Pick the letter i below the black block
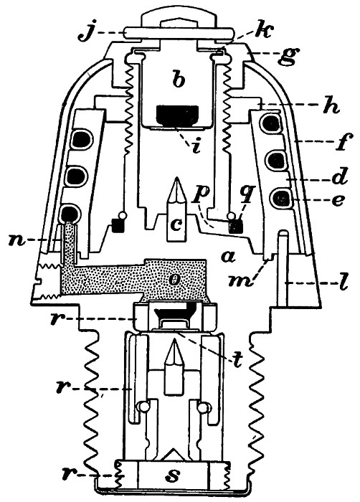coord(196,145)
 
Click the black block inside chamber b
coord(177,115)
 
